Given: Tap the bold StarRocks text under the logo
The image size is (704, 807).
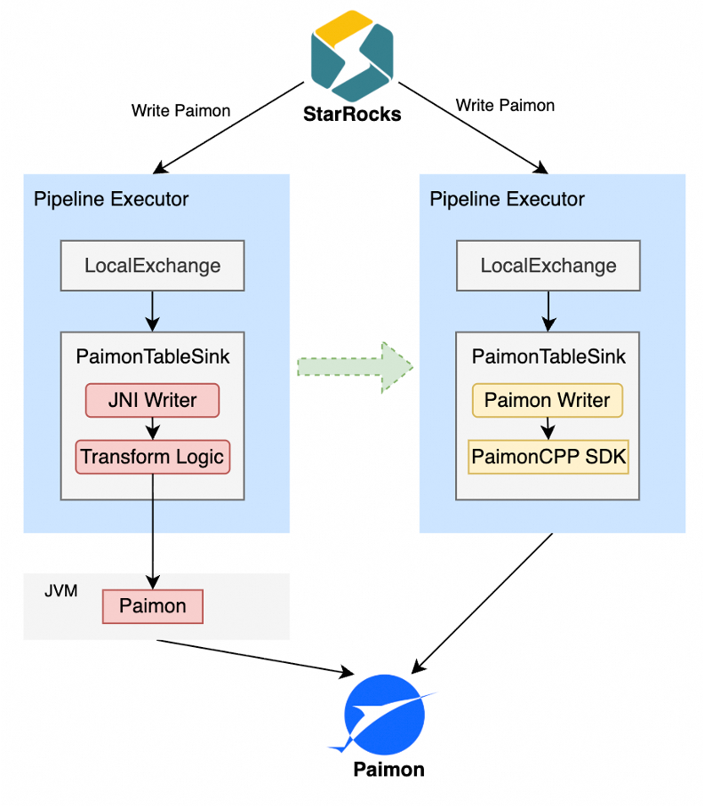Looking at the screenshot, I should pos(352,114).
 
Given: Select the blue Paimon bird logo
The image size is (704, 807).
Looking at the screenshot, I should pos(388,714).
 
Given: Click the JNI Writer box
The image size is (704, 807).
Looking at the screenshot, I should pos(152,400).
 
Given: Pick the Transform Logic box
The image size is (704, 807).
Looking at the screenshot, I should pos(153,457).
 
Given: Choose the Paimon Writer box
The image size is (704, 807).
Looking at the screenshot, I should pos(548,400).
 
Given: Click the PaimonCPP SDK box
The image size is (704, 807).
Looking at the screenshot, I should pos(548,457).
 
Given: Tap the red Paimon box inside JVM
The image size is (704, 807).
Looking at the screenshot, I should pos(153,606).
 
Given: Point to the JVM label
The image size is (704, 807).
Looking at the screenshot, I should pos(61,589).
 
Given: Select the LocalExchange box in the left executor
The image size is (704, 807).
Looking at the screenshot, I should pos(153,265).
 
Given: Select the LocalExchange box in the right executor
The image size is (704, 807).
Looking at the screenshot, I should pos(548,265).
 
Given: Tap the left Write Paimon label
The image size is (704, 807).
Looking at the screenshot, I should pos(180,111).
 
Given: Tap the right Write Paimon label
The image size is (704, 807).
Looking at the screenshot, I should pos(505,105).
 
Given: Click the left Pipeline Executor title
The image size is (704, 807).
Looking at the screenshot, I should pos(111,198).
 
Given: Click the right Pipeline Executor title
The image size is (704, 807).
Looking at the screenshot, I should pos(507,198).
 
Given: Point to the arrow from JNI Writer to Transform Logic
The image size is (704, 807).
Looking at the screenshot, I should pos(153,428).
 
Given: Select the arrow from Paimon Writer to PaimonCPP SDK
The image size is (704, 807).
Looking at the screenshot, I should pos(548,428).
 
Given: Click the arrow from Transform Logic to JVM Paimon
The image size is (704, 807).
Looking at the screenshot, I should pos(153,529).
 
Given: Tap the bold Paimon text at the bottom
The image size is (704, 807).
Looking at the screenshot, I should pos(388,769).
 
